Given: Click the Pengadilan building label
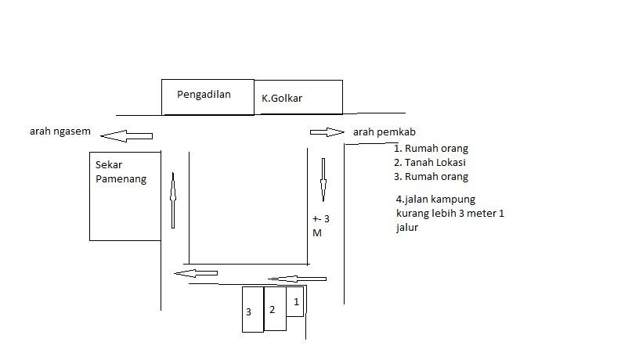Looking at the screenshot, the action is pyautogui.click(x=204, y=95).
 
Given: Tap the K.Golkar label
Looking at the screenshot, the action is pyautogui.click(x=282, y=98).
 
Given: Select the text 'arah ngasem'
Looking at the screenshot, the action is pyautogui.click(x=60, y=131).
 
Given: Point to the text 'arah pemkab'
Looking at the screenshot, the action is pyautogui.click(x=384, y=132).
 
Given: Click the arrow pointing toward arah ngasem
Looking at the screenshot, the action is pyautogui.click(x=126, y=136).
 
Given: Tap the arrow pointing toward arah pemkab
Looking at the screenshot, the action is pyautogui.click(x=327, y=132).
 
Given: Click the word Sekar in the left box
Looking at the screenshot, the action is pyautogui.click(x=109, y=165).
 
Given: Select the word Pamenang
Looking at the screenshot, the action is pyautogui.click(x=121, y=179).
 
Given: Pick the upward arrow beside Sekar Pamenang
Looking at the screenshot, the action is pyautogui.click(x=173, y=200).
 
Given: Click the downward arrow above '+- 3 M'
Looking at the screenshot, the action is pyautogui.click(x=323, y=179).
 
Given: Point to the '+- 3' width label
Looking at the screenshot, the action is pyautogui.click(x=321, y=219).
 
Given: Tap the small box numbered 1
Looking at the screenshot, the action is pyautogui.click(x=295, y=301).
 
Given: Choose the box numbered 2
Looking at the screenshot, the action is pyautogui.click(x=275, y=308).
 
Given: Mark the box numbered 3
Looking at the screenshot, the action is pyautogui.click(x=253, y=309).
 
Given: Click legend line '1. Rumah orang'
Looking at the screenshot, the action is pyautogui.click(x=431, y=149).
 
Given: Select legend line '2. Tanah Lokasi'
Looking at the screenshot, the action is pyautogui.click(x=430, y=163).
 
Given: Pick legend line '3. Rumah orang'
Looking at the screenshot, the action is pyautogui.click(x=431, y=177).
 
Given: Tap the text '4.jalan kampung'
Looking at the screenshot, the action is pyautogui.click(x=435, y=200).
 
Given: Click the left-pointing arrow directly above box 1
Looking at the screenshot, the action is pyautogui.click(x=297, y=279).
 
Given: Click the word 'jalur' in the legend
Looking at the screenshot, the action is pyautogui.click(x=407, y=227).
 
